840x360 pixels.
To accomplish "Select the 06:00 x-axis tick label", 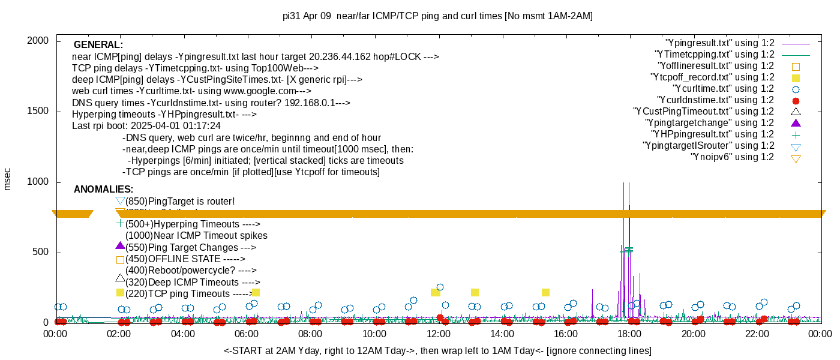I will [x=247, y=334].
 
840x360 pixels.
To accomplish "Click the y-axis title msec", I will [x=8, y=179].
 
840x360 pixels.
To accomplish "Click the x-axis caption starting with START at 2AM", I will [x=437, y=350].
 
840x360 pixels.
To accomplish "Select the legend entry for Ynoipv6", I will [x=732, y=157].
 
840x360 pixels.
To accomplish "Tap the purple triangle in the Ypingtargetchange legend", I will [x=796, y=123].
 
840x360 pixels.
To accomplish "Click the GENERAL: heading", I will [x=98, y=45].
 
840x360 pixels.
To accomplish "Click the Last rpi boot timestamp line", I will [x=146, y=126].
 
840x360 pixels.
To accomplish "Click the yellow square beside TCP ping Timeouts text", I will [x=120, y=293].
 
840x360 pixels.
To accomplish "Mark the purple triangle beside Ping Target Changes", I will [x=120, y=246].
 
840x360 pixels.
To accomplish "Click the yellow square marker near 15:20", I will [x=545, y=293].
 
